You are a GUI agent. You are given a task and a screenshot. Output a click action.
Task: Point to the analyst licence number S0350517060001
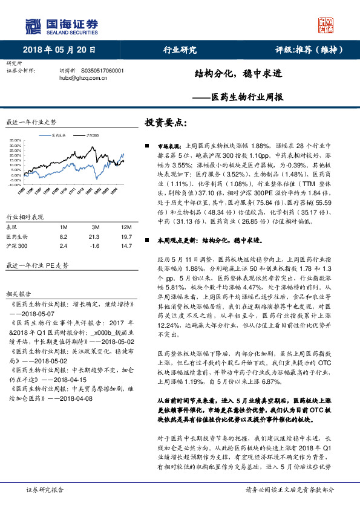pyautogui.click(x=102, y=70)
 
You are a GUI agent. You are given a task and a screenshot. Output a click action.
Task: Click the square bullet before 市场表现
pyautogui.click(x=148, y=146)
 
